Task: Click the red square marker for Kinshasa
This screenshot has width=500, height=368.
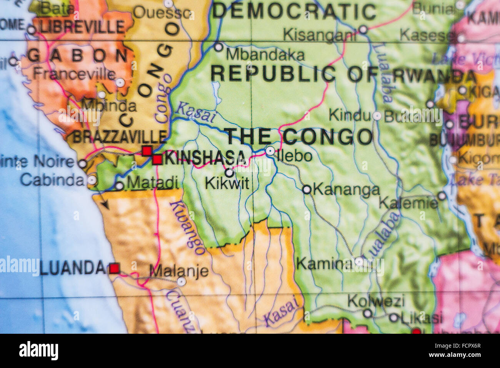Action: (x=157, y=159)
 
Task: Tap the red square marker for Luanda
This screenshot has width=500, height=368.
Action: (x=114, y=268)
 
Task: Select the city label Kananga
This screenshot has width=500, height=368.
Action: (x=346, y=190)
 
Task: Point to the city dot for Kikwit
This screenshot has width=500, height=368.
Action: (x=229, y=173)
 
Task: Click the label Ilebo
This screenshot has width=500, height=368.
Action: (x=295, y=156)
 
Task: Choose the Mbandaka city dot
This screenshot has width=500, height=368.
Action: (x=218, y=47)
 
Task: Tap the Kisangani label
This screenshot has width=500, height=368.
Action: (x=319, y=35)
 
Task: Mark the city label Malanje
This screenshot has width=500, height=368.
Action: (x=179, y=271)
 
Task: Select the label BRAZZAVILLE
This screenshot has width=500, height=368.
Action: (x=120, y=137)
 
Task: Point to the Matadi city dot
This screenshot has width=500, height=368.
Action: (x=120, y=186)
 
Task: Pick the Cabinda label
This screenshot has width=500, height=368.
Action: (x=53, y=180)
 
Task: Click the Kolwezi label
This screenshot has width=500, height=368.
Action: (x=376, y=301)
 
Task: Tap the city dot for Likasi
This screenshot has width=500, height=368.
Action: (x=393, y=318)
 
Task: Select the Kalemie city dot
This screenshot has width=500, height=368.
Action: (x=442, y=196)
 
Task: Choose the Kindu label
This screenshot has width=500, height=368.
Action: (x=349, y=115)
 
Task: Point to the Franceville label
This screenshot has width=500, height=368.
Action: (x=74, y=73)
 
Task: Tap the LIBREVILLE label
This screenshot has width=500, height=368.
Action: (x=82, y=27)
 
